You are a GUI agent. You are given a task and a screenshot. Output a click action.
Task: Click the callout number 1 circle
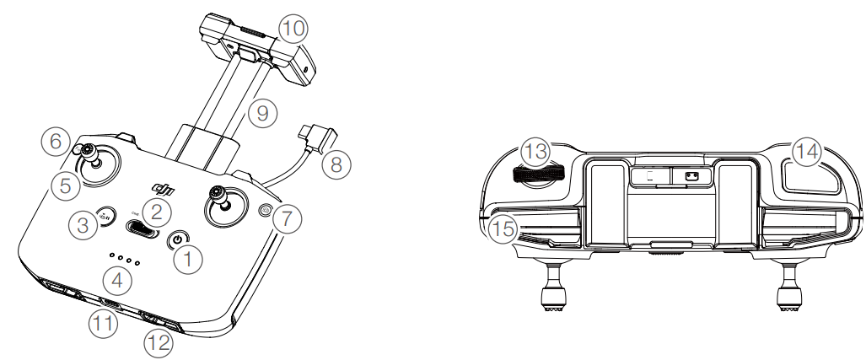click(188, 258)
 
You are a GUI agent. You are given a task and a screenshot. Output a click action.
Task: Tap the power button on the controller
click(177, 239)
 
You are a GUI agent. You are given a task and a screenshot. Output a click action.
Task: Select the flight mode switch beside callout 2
click(141, 228)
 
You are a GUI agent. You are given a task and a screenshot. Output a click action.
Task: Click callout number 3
click(83, 225)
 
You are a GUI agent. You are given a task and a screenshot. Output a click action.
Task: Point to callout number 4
click(117, 281)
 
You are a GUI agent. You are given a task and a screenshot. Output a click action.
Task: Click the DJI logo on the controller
click(164, 190)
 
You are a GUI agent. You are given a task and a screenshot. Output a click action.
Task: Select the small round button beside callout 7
click(266, 210)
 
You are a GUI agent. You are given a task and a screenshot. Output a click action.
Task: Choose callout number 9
click(262, 113)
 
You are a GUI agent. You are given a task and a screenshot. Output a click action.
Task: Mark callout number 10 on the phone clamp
click(293, 28)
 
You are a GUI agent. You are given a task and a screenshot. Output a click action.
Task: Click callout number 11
click(103, 323)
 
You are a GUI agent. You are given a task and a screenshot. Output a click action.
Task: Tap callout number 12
click(159, 343)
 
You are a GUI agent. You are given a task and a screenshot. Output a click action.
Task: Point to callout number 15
click(503, 228)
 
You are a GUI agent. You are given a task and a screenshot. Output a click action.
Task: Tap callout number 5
click(65, 185)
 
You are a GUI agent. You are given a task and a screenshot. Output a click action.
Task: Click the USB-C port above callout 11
click(111, 304)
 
